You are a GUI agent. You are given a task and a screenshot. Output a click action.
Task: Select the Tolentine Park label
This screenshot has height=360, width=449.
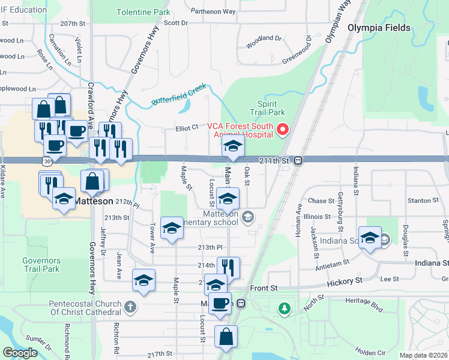[x=143, y=12]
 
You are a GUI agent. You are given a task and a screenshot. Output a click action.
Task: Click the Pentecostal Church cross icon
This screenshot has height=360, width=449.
[x=130, y=308]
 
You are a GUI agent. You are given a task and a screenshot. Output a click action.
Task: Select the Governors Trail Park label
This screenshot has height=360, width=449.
[x=41, y=265]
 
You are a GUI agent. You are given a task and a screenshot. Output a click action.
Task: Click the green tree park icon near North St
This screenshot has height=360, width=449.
[x=284, y=309]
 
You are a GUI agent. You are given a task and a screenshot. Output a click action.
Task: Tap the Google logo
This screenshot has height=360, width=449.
[x=20, y=353]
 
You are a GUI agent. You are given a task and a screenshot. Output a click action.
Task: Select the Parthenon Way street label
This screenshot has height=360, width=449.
[x=213, y=11]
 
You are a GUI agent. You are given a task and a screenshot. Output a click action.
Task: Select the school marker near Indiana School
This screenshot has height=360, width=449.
[x=370, y=238]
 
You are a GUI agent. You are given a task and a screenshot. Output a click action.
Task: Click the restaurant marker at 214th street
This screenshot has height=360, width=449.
[x=228, y=268]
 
